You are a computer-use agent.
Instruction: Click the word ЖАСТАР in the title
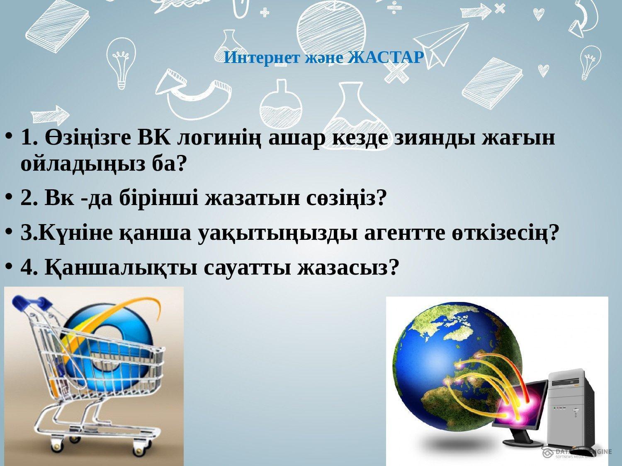(x=386, y=58)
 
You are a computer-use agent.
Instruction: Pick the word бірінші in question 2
(x=159, y=198)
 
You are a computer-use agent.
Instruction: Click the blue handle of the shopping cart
(x=31, y=303)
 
